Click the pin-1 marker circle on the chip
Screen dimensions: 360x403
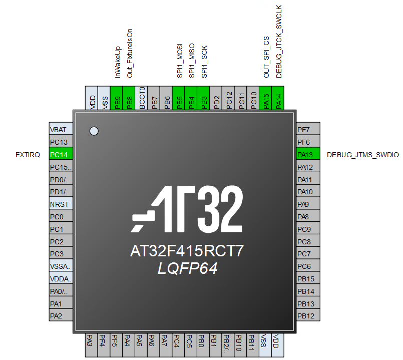(x=93, y=131)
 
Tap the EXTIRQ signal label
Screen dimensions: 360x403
(x=28, y=155)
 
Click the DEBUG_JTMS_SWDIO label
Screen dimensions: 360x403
(x=362, y=155)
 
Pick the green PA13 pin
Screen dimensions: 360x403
(x=308, y=155)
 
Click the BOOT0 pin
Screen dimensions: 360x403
(x=142, y=97)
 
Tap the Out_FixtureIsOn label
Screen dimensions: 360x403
(x=130, y=53)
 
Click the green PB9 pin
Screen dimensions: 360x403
(x=118, y=97)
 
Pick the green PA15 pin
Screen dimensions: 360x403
(x=266, y=97)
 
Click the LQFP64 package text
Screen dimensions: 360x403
(x=187, y=269)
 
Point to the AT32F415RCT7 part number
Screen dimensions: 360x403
(x=187, y=251)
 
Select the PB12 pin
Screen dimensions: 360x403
(x=308, y=316)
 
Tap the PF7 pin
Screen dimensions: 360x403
(x=308, y=130)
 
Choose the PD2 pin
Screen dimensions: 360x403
(x=217, y=97)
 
